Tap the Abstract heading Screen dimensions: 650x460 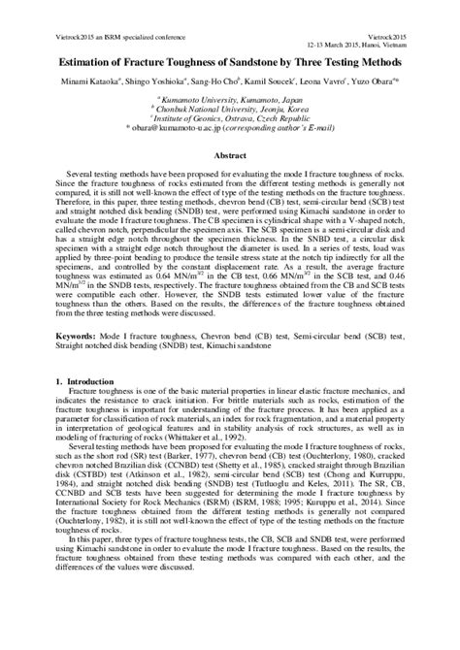[x=229, y=154]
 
